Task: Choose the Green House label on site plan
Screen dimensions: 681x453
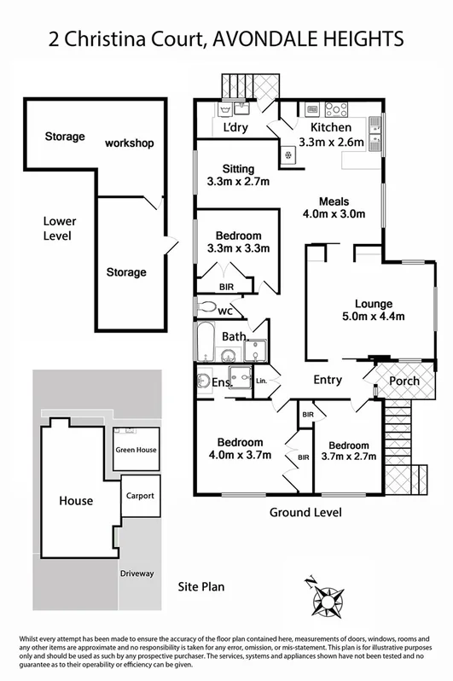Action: click(x=136, y=450)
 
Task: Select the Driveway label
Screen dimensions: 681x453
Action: click(x=136, y=573)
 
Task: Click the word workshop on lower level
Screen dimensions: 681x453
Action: click(x=129, y=143)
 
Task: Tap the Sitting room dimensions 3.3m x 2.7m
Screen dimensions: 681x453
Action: click(x=238, y=182)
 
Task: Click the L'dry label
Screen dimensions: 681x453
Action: click(x=235, y=129)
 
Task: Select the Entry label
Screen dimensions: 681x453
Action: click(x=328, y=381)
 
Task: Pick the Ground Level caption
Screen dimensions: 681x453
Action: click(x=305, y=513)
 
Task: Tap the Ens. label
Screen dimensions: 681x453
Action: click(x=222, y=384)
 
